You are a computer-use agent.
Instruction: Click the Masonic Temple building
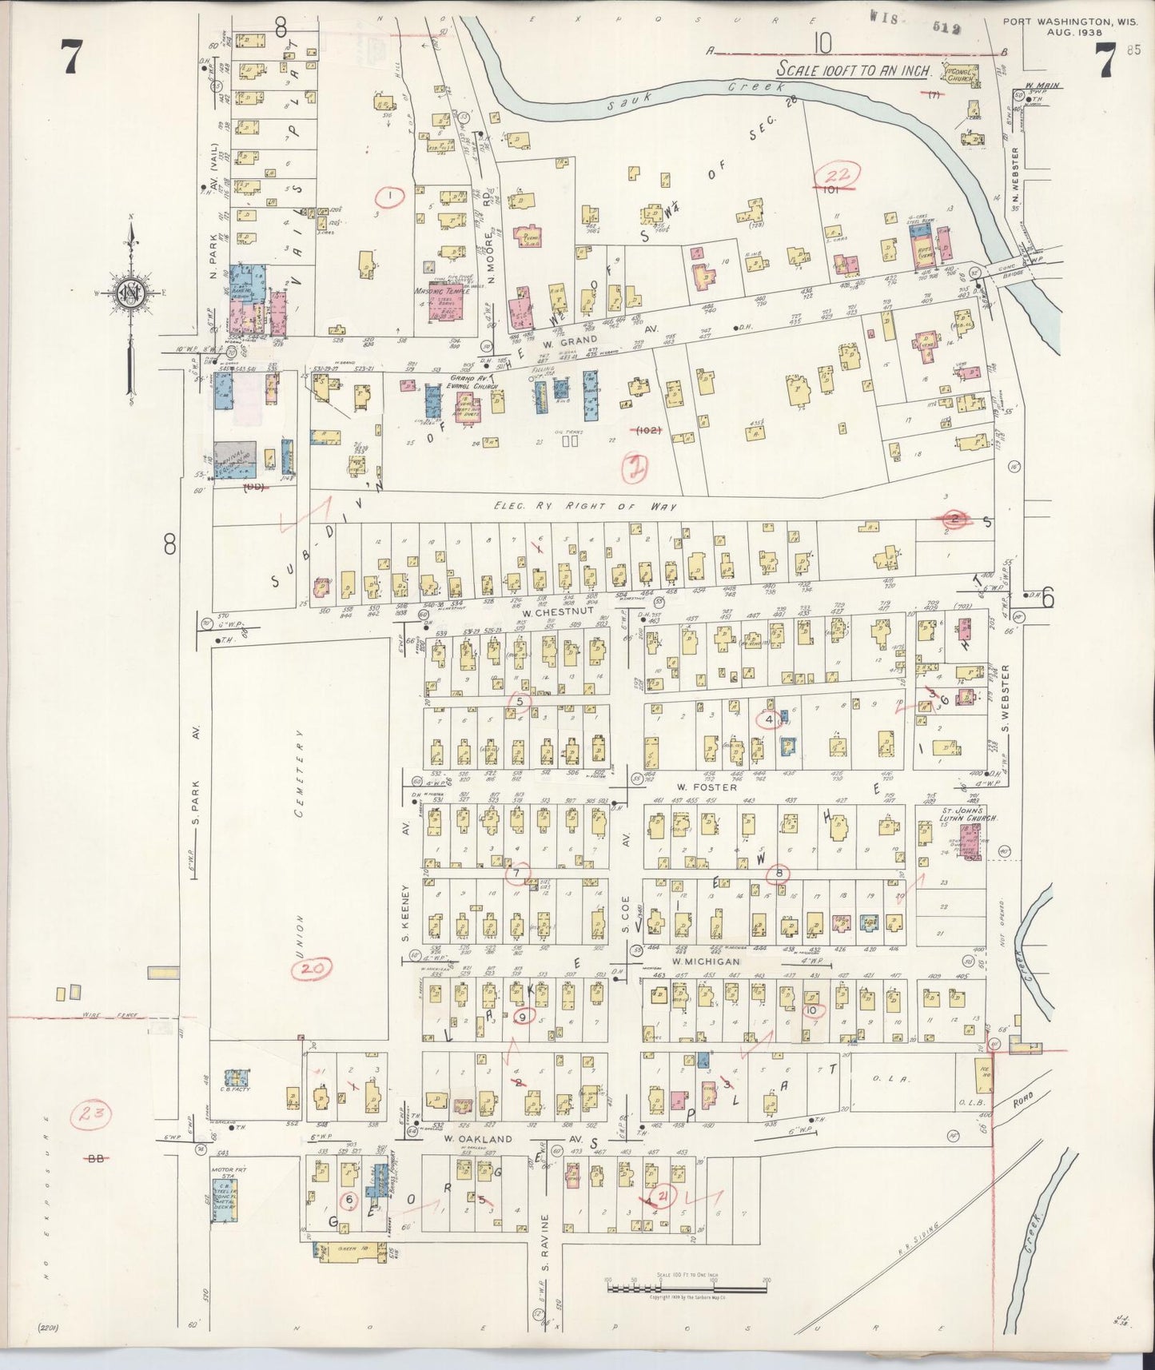pyautogui.click(x=450, y=303)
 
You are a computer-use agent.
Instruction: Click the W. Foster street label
pyautogui.click(x=694, y=787)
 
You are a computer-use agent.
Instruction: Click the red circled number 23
pyautogui.click(x=93, y=1115)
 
